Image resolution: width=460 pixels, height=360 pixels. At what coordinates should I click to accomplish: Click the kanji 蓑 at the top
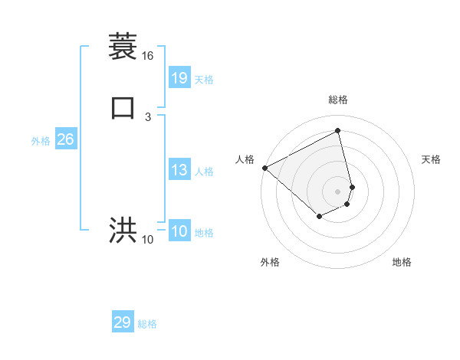[x=123, y=47]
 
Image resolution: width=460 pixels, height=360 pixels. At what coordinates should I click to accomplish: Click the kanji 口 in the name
[x=123, y=108]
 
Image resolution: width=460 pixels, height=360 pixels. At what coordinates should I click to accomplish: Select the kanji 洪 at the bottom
[x=123, y=231]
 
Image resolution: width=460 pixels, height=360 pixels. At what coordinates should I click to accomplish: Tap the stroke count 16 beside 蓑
[x=147, y=57]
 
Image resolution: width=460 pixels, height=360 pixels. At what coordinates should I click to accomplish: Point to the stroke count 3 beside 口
[x=147, y=117]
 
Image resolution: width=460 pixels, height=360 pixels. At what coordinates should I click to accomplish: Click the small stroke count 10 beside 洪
[x=147, y=240]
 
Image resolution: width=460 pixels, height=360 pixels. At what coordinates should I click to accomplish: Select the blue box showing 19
[x=179, y=77]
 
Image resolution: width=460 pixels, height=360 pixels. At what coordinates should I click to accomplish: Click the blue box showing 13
[x=179, y=170]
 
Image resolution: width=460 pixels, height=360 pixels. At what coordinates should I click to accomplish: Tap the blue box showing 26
[x=66, y=139]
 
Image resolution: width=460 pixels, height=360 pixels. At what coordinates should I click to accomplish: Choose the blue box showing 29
[x=123, y=322]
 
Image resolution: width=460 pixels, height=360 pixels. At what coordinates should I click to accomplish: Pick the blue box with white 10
[x=179, y=231]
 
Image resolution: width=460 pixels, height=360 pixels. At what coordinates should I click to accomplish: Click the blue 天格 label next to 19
[x=204, y=80]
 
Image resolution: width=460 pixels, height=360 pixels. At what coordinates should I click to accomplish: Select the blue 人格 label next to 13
[x=204, y=172]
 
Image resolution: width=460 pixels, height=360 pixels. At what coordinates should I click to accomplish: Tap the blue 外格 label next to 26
[x=41, y=141]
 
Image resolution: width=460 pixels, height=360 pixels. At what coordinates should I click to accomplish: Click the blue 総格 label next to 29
[x=147, y=324]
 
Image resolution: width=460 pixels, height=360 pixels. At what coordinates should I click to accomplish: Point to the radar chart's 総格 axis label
[x=337, y=100]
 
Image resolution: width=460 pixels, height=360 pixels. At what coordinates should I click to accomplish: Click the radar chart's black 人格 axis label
[x=245, y=159]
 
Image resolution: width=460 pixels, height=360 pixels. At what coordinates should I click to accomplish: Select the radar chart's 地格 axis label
[x=402, y=262]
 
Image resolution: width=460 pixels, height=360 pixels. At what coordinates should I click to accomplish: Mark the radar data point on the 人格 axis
[x=264, y=168]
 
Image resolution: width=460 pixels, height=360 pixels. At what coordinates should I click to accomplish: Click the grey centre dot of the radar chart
[x=337, y=191]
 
